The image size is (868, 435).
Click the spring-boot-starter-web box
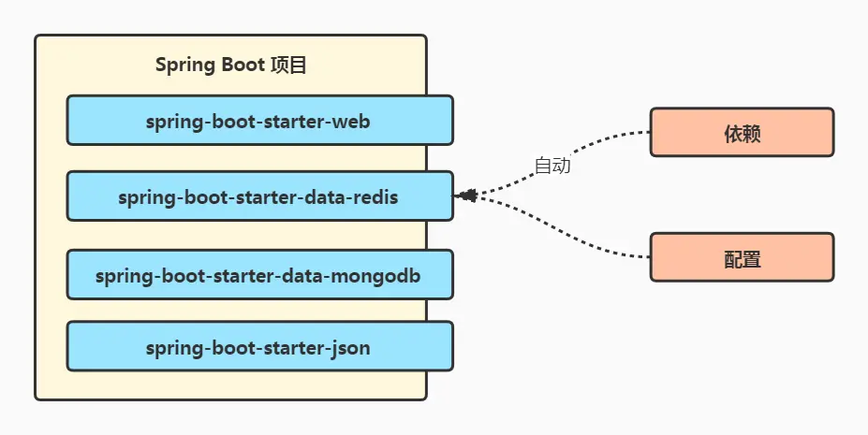(259, 121)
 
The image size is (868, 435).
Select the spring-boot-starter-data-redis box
(259, 197)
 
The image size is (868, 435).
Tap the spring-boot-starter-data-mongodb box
(259, 276)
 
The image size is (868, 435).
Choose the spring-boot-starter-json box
(259, 348)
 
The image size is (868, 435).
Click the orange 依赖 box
(741, 133)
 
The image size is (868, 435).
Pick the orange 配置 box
(741, 258)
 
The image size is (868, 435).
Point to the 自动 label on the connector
(552, 167)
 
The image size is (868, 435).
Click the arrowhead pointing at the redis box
(466, 196)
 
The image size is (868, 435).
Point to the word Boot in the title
(241, 65)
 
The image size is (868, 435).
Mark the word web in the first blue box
(356, 122)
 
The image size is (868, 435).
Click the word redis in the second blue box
(375, 198)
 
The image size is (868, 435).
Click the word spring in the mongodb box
(122, 277)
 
